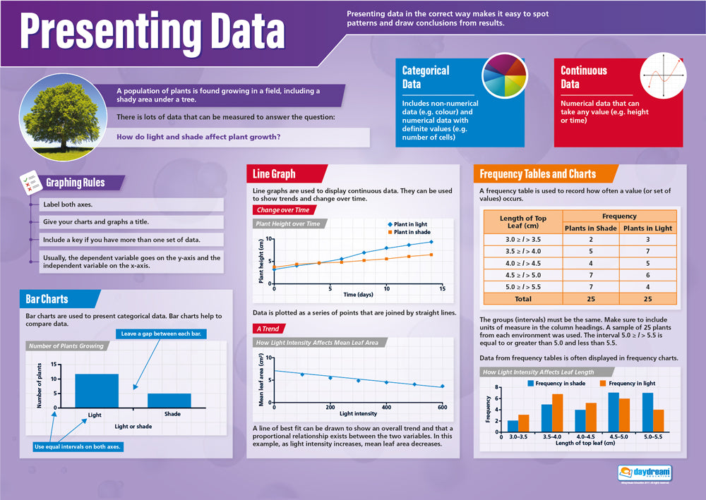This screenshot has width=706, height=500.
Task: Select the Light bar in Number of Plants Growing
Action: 96,391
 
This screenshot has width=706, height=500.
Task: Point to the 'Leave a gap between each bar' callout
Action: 162,334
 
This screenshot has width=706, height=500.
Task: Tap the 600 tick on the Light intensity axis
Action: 442,407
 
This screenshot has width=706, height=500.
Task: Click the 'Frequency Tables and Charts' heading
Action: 537,174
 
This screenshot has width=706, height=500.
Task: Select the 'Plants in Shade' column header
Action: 591,228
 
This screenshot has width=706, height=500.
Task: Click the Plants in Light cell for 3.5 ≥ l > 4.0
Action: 647,252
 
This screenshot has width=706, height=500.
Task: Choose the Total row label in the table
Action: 522,299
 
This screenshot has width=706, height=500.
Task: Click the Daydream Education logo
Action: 644,474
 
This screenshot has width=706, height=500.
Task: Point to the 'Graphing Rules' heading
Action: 75,183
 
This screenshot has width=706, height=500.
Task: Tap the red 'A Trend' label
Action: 268,329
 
